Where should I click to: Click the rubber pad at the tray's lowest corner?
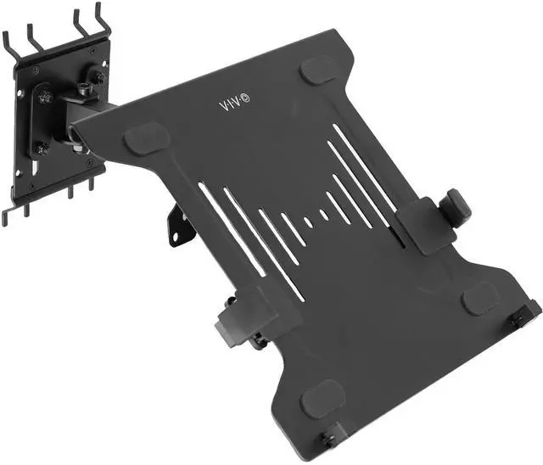323,398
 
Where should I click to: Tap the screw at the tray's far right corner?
517,320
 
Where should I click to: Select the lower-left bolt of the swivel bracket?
40,149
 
